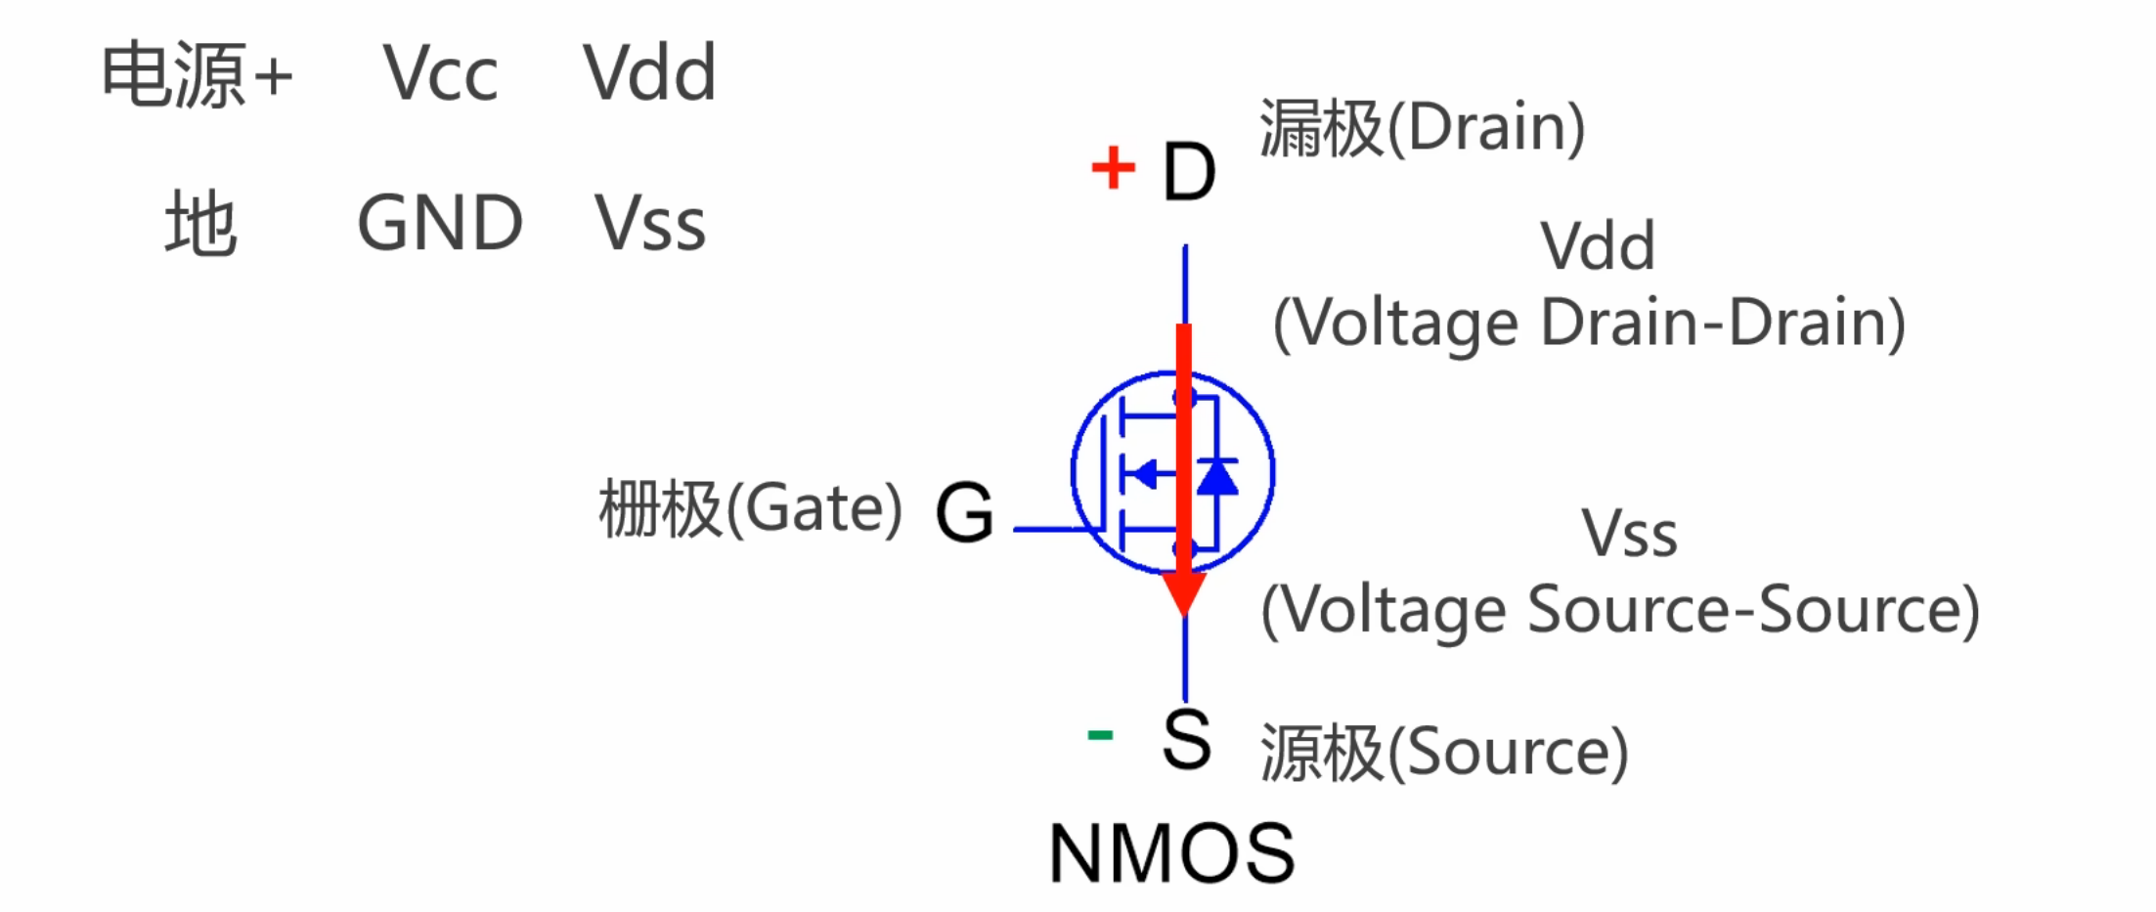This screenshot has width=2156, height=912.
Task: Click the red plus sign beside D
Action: point(1113,167)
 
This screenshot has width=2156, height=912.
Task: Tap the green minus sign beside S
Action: point(1100,734)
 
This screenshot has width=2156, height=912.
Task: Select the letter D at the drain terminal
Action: point(1189,172)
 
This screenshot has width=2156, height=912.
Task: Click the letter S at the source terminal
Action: point(1187,740)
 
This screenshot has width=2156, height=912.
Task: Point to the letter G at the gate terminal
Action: point(964,511)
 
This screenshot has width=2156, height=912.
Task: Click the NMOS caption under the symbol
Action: point(1171,853)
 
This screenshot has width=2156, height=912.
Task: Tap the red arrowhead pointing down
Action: point(1184,592)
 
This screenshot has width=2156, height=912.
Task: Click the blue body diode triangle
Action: point(1217,477)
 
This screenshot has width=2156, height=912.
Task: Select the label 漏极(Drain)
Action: point(1422,128)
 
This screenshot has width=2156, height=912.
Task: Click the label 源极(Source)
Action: point(1444,752)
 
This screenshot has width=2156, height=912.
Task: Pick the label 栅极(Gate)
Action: point(750,509)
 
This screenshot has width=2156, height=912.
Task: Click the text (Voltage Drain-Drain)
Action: point(1589,323)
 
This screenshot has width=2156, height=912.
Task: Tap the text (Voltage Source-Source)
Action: point(1620,610)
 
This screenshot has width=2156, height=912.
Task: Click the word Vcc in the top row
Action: point(440,73)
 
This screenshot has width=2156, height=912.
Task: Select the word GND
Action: point(440,223)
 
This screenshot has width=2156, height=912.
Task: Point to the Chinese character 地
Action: point(200,224)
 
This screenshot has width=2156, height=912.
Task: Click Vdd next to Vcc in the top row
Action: point(650,73)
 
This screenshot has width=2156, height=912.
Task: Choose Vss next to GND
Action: point(650,224)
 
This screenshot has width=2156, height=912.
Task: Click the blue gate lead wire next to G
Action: point(1051,529)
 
